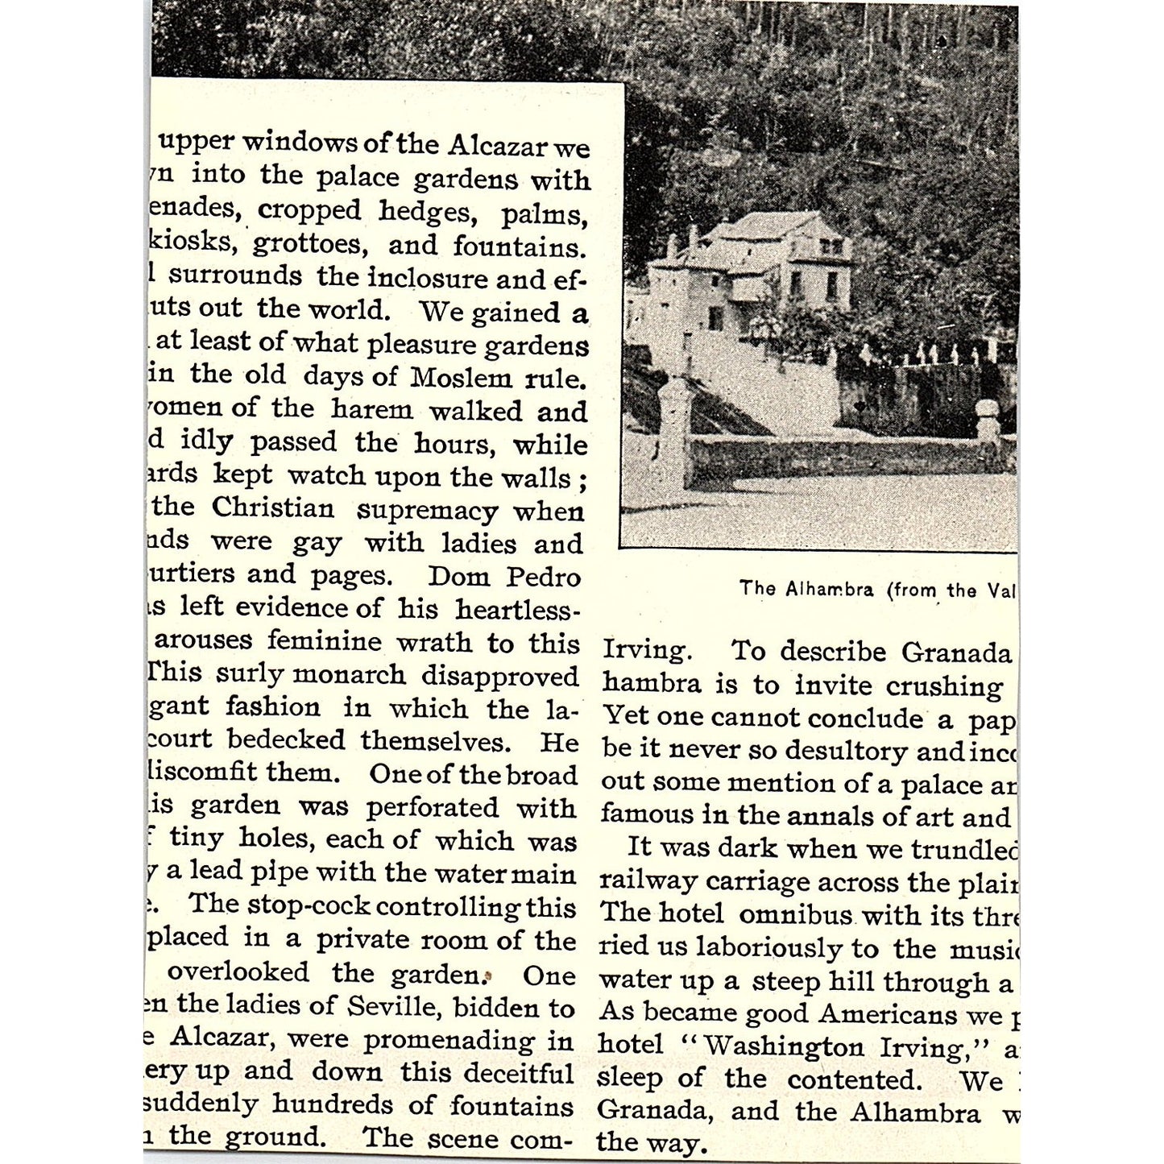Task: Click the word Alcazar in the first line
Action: pos(499,146)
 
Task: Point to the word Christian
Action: pos(272,508)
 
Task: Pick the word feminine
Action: pos(325,641)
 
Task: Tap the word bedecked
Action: pos(285,739)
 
